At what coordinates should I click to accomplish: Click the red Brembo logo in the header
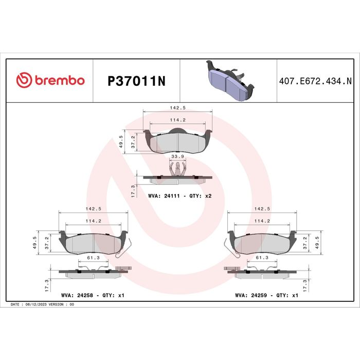pyautogui.click(x=50, y=80)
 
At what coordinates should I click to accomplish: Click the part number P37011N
pyautogui.click(x=136, y=81)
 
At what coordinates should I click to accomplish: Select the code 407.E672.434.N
pyautogui.click(x=315, y=81)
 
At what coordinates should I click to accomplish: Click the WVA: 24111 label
pyautogui.click(x=164, y=196)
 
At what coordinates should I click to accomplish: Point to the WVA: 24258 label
pyautogui.click(x=77, y=295)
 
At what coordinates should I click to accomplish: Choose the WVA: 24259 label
pyautogui.click(x=251, y=295)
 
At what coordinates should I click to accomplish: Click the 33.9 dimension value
pyautogui.click(x=178, y=156)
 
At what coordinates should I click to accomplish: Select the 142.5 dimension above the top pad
pyautogui.click(x=178, y=107)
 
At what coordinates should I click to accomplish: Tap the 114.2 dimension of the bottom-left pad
pyautogui.click(x=94, y=221)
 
